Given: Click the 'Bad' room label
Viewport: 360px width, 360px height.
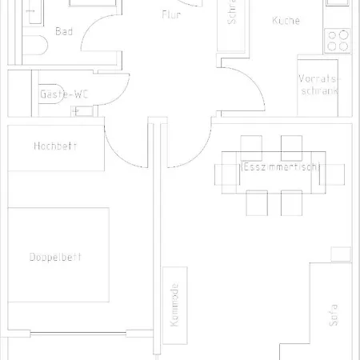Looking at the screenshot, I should (64, 31).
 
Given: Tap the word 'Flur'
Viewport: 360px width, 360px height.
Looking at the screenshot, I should (171, 14).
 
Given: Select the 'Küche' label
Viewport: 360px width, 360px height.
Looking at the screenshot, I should (286, 21).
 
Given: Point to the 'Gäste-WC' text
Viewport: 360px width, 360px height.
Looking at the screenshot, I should (64, 94).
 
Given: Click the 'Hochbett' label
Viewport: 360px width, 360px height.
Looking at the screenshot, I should (55, 146).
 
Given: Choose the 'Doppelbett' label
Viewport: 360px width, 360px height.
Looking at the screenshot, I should (55, 257).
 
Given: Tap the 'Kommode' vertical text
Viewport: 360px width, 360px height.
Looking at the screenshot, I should (174, 307).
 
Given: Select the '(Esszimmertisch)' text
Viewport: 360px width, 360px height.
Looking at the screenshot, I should (280, 167).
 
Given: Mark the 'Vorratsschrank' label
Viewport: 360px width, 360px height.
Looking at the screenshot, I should (318, 85).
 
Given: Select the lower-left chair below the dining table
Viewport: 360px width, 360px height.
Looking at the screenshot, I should (256, 203).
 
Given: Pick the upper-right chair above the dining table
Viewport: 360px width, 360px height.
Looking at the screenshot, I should (291, 145).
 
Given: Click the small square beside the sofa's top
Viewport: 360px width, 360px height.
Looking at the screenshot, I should (342, 254).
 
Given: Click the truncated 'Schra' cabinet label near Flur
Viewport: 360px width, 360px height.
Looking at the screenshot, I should (232, 16).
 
